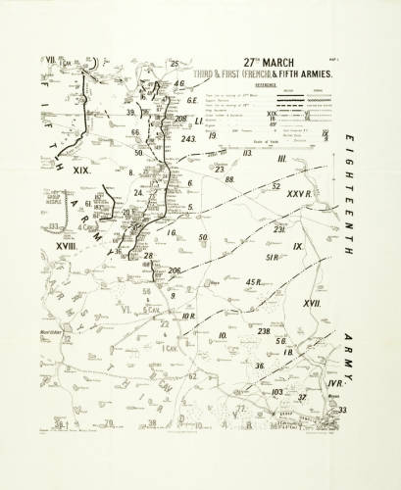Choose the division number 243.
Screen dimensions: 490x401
pos(190,138)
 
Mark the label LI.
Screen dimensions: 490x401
pos(198,122)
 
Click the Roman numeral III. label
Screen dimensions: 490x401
pos(281,159)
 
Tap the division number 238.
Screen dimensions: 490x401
pos(264,331)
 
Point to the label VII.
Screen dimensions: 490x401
pos(49,60)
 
